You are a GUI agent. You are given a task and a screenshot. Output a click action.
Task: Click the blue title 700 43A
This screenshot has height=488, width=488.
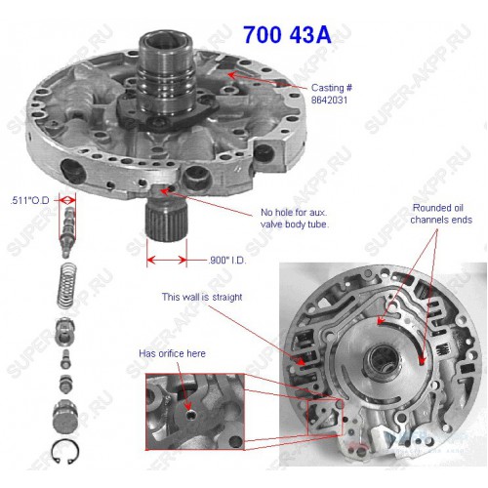287,34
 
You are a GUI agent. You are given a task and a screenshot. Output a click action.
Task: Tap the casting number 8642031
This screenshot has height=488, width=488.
329,100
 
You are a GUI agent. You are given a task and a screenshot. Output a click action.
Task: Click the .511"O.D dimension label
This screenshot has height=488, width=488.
29,200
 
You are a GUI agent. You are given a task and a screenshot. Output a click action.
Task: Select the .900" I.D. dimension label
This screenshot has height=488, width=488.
226,261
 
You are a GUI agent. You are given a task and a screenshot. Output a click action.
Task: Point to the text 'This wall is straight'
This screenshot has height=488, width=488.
202,297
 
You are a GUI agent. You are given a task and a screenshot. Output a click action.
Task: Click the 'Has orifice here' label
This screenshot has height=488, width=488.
172,353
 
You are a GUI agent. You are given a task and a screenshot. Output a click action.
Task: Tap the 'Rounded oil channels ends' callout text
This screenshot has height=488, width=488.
441,214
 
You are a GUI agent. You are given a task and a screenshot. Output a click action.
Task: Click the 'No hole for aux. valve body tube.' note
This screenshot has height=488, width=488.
295,219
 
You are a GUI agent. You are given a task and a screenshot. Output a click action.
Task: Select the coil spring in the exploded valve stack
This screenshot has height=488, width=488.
67,286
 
